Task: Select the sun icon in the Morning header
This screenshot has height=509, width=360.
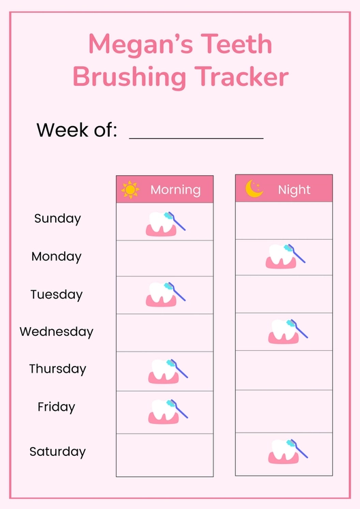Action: [x=130, y=189]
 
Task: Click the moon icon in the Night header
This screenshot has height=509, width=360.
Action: [x=254, y=189]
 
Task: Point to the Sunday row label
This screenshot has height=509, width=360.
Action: [x=57, y=219]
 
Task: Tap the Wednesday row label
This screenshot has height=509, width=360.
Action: [x=56, y=332]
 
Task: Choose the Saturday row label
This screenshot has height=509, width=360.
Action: [x=57, y=451]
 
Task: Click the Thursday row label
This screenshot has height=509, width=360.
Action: [x=57, y=369]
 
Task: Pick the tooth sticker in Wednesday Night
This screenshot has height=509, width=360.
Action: [x=286, y=330]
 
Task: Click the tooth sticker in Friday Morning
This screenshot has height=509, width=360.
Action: [x=166, y=411]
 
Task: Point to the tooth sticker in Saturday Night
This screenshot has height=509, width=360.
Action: [x=286, y=451]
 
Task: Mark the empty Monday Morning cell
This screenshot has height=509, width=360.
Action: [x=164, y=258]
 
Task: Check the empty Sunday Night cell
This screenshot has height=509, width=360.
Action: [x=284, y=220]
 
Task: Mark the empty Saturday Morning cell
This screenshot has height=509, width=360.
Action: [x=164, y=454]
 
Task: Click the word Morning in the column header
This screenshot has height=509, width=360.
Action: [x=175, y=189]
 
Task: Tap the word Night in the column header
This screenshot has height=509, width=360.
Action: [x=294, y=189]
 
